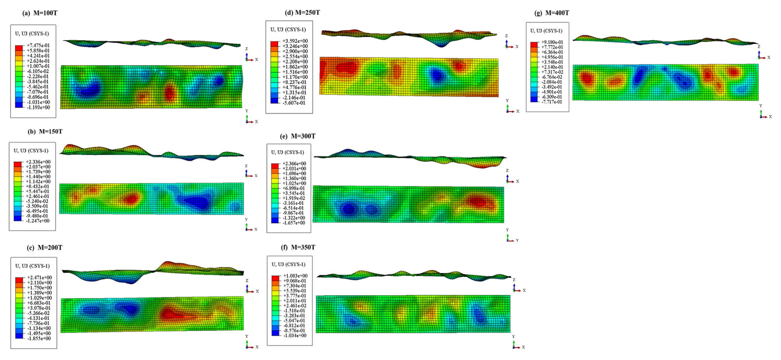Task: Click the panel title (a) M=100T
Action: [x=40, y=13]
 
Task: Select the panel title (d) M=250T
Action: [x=302, y=12]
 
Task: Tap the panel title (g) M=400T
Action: [x=551, y=13]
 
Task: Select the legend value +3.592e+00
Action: [x=295, y=41]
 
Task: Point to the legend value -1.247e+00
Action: [x=38, y=221]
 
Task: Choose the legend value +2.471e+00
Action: [x=39, y=277]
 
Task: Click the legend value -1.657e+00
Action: [x=294, y=223]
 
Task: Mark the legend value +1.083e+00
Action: [x=295, y=276]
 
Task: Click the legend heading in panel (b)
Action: [x=31, y=151]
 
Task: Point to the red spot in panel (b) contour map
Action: [x=131, y=199]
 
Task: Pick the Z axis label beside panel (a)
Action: [x=246, y=49]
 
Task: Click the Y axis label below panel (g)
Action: [x=760, y=106]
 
